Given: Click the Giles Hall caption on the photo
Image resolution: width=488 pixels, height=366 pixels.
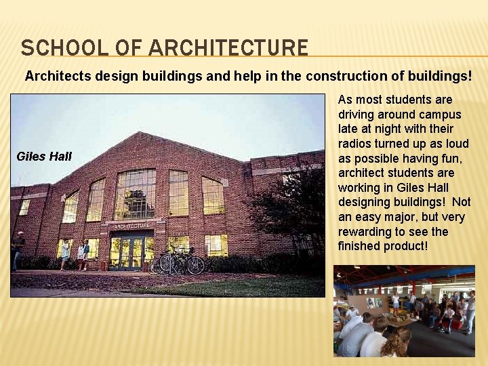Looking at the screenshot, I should click(43, 157).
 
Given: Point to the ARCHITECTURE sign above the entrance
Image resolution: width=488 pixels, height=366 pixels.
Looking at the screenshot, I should click(131, 226).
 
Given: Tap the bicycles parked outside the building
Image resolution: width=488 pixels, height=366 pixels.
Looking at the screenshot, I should click(178, 261).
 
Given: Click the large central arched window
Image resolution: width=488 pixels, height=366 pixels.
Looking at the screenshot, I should click(136, 195).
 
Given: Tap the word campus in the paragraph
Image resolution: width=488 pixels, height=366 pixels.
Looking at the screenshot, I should click(441, 114).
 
